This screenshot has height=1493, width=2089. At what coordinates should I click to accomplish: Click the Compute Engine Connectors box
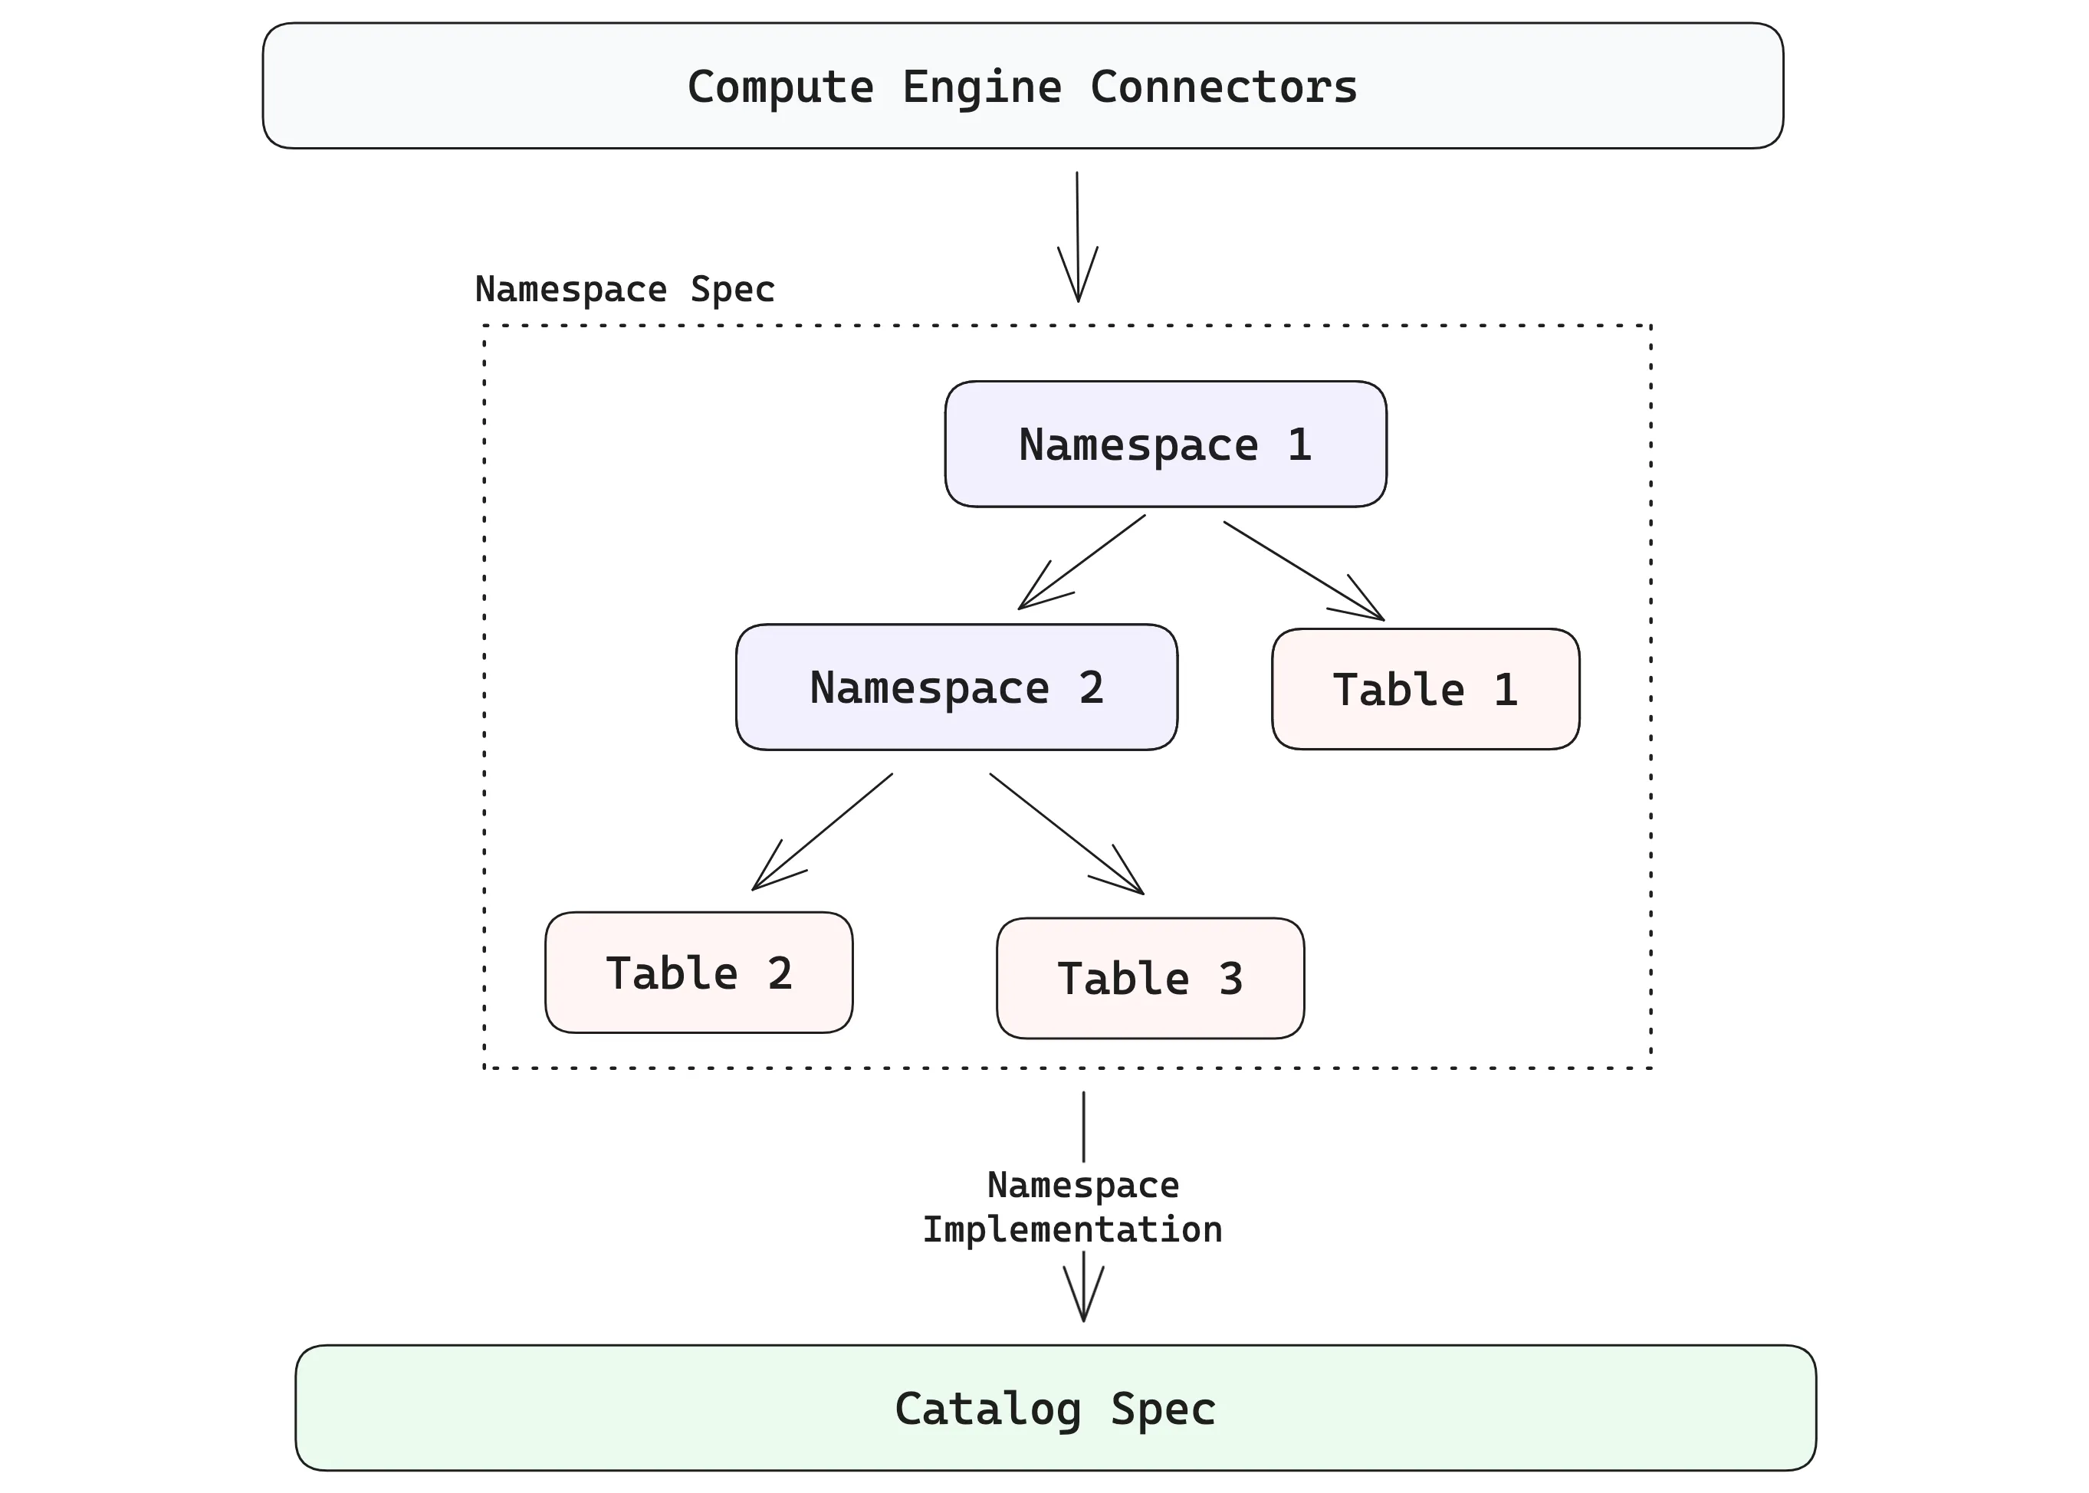click(1023, 86)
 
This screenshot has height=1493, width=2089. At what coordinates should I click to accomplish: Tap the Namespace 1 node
click(1165, 444)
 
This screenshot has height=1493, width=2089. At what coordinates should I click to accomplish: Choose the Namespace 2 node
click(956, 687)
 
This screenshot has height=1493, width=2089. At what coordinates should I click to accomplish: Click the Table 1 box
click(1425, 690)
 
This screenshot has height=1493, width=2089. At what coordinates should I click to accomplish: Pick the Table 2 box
click(699, 973)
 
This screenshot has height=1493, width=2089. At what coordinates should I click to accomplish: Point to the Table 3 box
click(1149, 978)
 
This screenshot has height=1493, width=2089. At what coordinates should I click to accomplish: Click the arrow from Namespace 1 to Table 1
click(1303, 571)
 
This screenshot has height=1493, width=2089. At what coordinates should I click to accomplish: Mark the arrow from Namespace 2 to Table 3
click(1066, 834)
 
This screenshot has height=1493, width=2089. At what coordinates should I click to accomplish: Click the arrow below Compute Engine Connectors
click(1078, 236)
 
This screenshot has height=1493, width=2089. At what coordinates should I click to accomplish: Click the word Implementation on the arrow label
click(1072, 1230)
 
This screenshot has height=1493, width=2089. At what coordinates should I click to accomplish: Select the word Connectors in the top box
click(1223, 87)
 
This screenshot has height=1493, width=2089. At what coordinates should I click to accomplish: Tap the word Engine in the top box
click(981, 87)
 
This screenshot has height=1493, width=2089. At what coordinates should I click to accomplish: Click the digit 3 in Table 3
click(1231, 979)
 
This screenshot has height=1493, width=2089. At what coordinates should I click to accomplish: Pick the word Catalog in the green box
click(987, 1409)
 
